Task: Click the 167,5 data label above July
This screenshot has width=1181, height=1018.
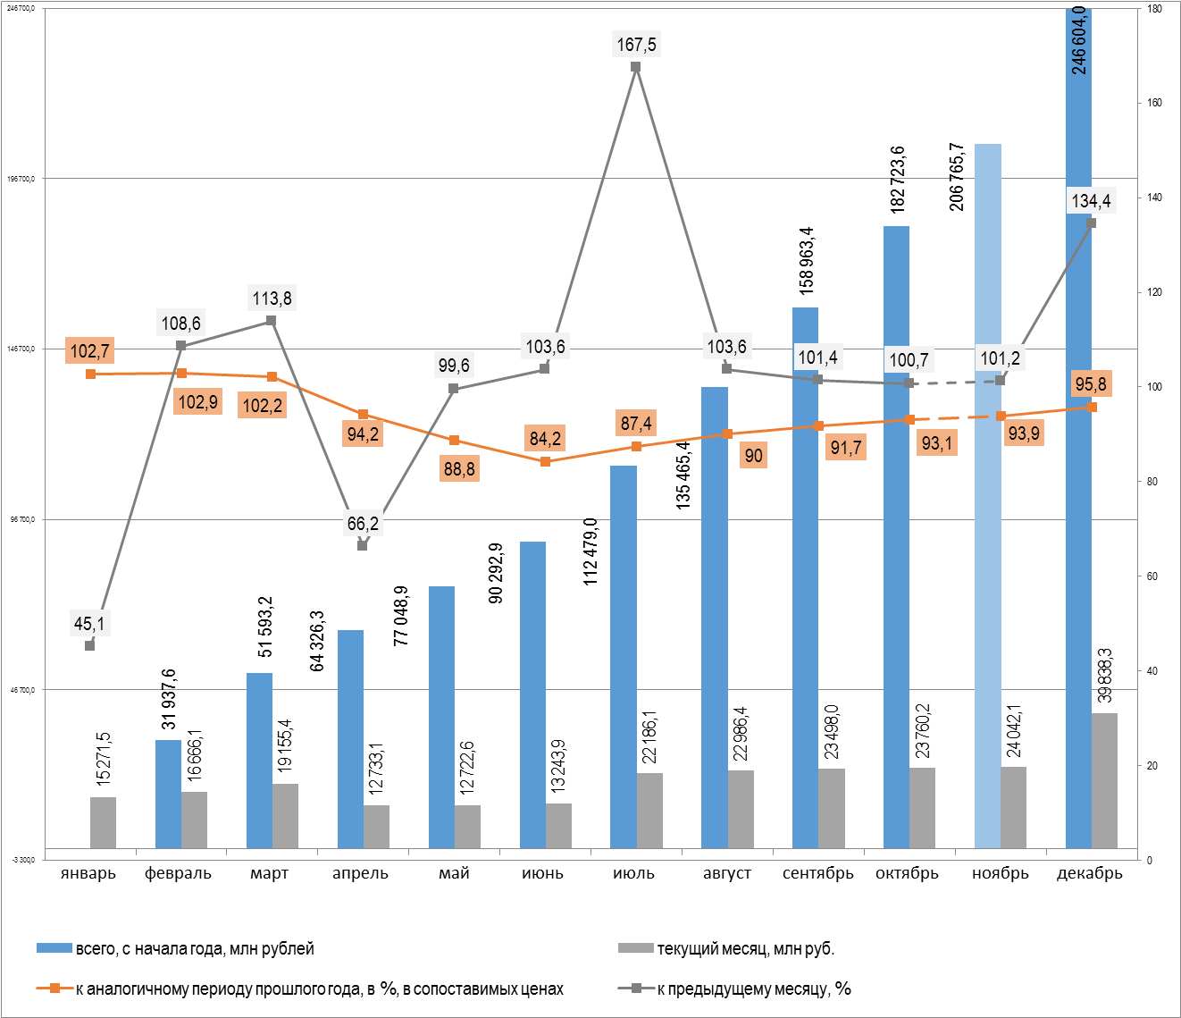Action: tap(636, 44)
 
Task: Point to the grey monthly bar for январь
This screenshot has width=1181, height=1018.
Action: tap(103, 822)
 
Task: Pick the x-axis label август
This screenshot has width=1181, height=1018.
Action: tap(726, 873)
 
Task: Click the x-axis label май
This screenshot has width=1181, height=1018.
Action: tap(454, 873)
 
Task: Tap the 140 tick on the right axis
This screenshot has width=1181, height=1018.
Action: tap(1155, 198)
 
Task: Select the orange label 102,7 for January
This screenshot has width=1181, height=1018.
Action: tap(89, 351)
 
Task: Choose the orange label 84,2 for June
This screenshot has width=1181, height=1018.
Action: tap(545, 438)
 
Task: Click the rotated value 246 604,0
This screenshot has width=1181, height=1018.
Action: tap(1079, 40)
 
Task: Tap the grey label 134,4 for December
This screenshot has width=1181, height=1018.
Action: tap(1091, 200)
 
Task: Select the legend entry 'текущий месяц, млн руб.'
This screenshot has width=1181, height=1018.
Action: tap(745, 948)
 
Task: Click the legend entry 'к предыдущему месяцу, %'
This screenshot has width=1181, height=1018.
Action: tap(753, 989)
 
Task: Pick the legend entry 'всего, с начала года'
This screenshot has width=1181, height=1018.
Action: tap(194, 948)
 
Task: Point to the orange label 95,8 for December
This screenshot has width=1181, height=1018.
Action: tap(1091, 384)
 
